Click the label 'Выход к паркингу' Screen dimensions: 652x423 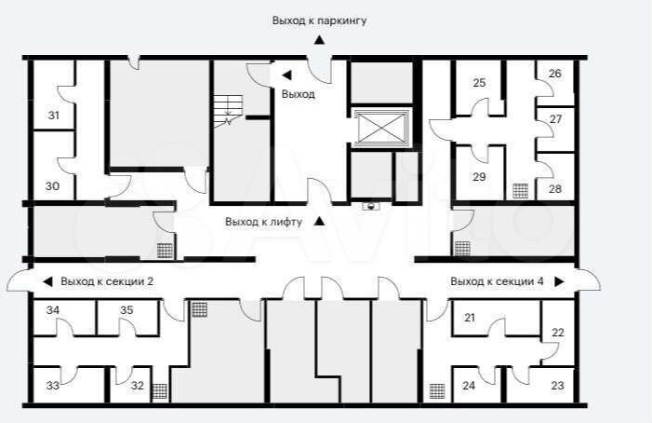(319, 20)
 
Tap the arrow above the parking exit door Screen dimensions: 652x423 (319, 40)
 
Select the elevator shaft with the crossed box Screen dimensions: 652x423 (381, 128)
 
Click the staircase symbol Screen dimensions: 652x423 (228, 109)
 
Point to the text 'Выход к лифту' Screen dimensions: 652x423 (263, 222)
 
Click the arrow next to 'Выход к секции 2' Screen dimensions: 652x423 (47, 282)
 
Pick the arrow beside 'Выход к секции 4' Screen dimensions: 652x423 (559, 282)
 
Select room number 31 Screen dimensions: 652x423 (54, 116)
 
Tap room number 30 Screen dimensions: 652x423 (52, 186)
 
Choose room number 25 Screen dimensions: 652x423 (479, 83)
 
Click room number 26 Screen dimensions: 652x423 (554, 74)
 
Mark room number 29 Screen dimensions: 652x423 (479, 177)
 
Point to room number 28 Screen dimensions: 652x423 (554, 189)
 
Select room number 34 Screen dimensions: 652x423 (53, 310)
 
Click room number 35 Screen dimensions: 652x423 (126, 310)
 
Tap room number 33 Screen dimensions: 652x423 (52, 386)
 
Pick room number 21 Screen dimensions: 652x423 (470, 318)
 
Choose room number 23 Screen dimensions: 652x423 (557, 386)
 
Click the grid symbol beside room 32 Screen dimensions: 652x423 (160, 391)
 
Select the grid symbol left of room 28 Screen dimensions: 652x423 (521, 191)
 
